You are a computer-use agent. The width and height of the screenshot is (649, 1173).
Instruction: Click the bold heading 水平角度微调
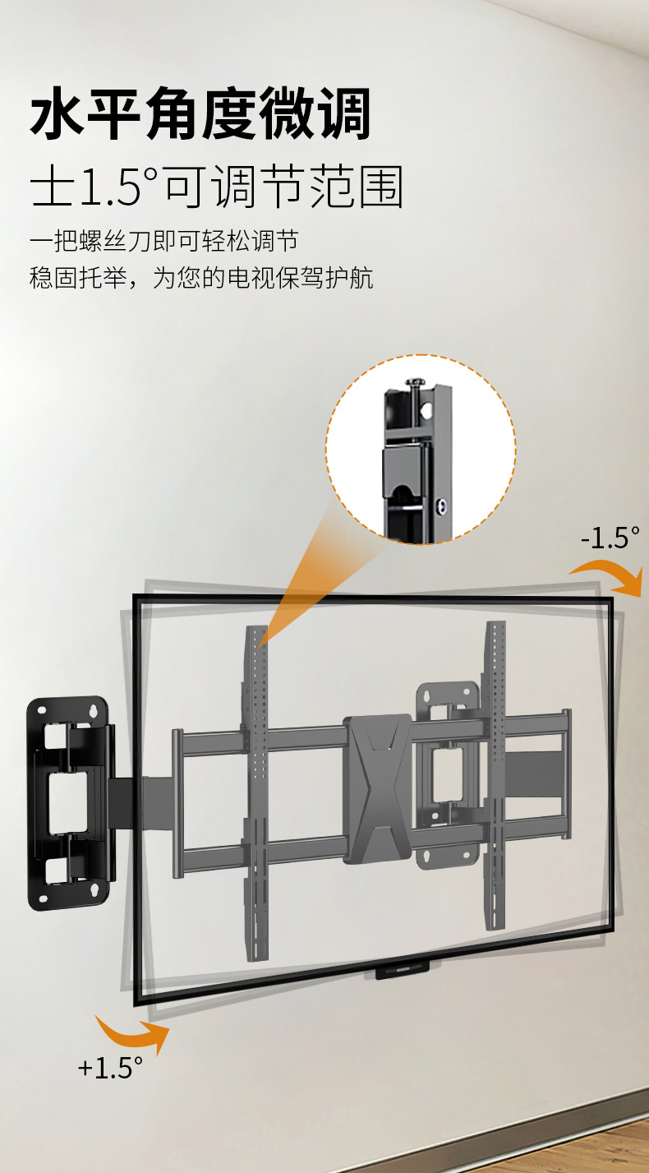[x=200, y=115]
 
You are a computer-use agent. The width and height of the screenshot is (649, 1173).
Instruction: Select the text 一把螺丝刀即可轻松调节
[x=163, y=242]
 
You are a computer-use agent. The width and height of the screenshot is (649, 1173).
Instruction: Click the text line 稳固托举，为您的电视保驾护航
[x=201, y=278]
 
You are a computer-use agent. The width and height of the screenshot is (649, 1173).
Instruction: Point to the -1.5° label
[x=609, y=538]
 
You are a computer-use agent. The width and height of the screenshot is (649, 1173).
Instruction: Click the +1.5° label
[x=110, y=1068]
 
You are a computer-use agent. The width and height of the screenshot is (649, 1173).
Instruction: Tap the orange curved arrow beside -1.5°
[x=612, y=575]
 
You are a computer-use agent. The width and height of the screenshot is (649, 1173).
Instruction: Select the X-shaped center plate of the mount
[x=378, y=789]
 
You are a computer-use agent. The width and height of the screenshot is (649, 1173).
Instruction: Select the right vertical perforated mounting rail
[x=495, y=773]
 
